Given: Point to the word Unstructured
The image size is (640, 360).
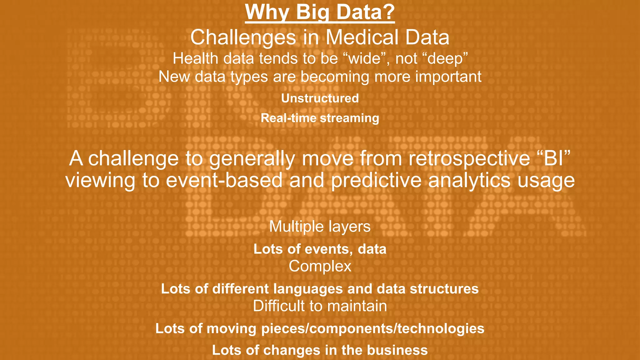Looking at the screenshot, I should coord(320,98).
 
